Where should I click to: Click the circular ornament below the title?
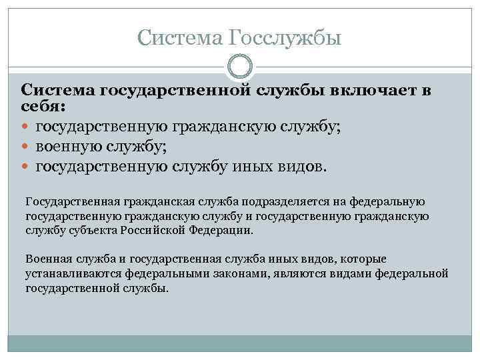[x=239, y=67]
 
